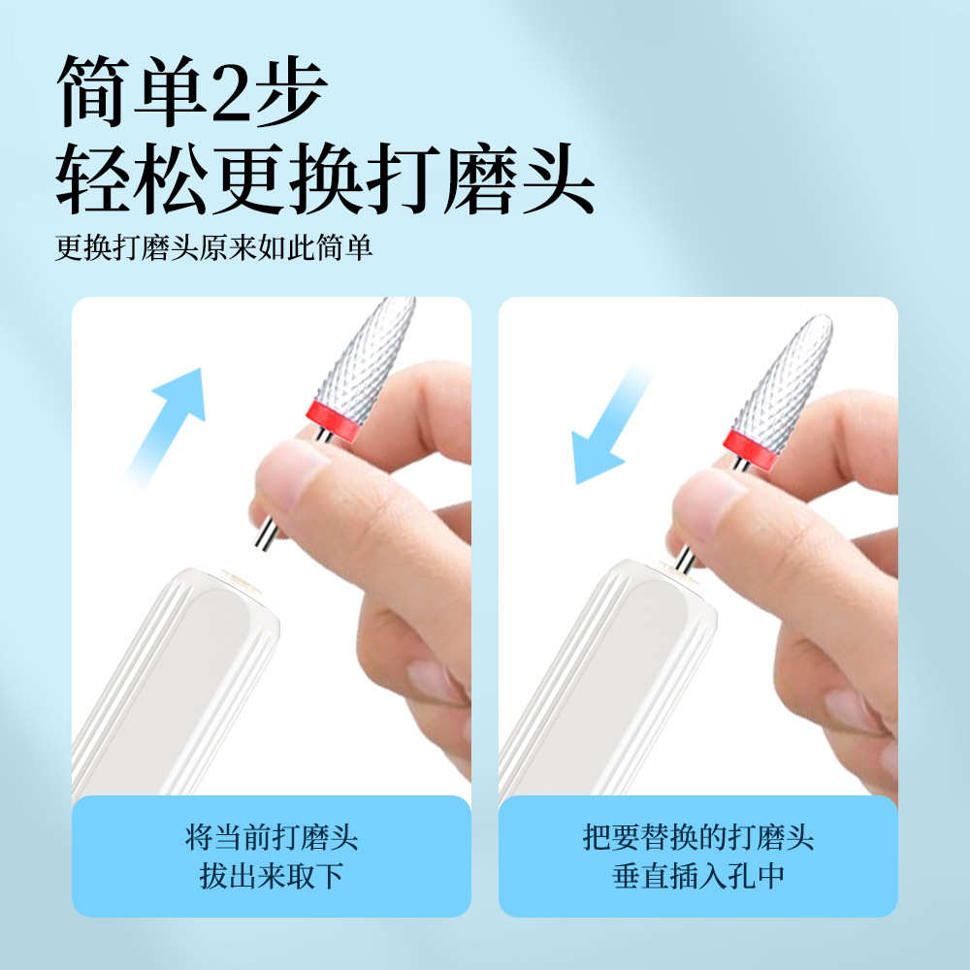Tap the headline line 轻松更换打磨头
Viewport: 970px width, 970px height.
(x=324, y=180)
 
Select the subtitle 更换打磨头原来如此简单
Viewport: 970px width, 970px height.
(x=213, y=248)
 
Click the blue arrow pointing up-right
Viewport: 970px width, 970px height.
(x=170, y=417)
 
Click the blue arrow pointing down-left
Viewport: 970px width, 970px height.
(x=606, y=427)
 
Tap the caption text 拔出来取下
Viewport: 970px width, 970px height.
(x=271, y=877)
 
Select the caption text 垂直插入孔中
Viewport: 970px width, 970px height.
(x=698, y=877)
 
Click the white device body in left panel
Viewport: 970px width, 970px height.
(x=175, y=679)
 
